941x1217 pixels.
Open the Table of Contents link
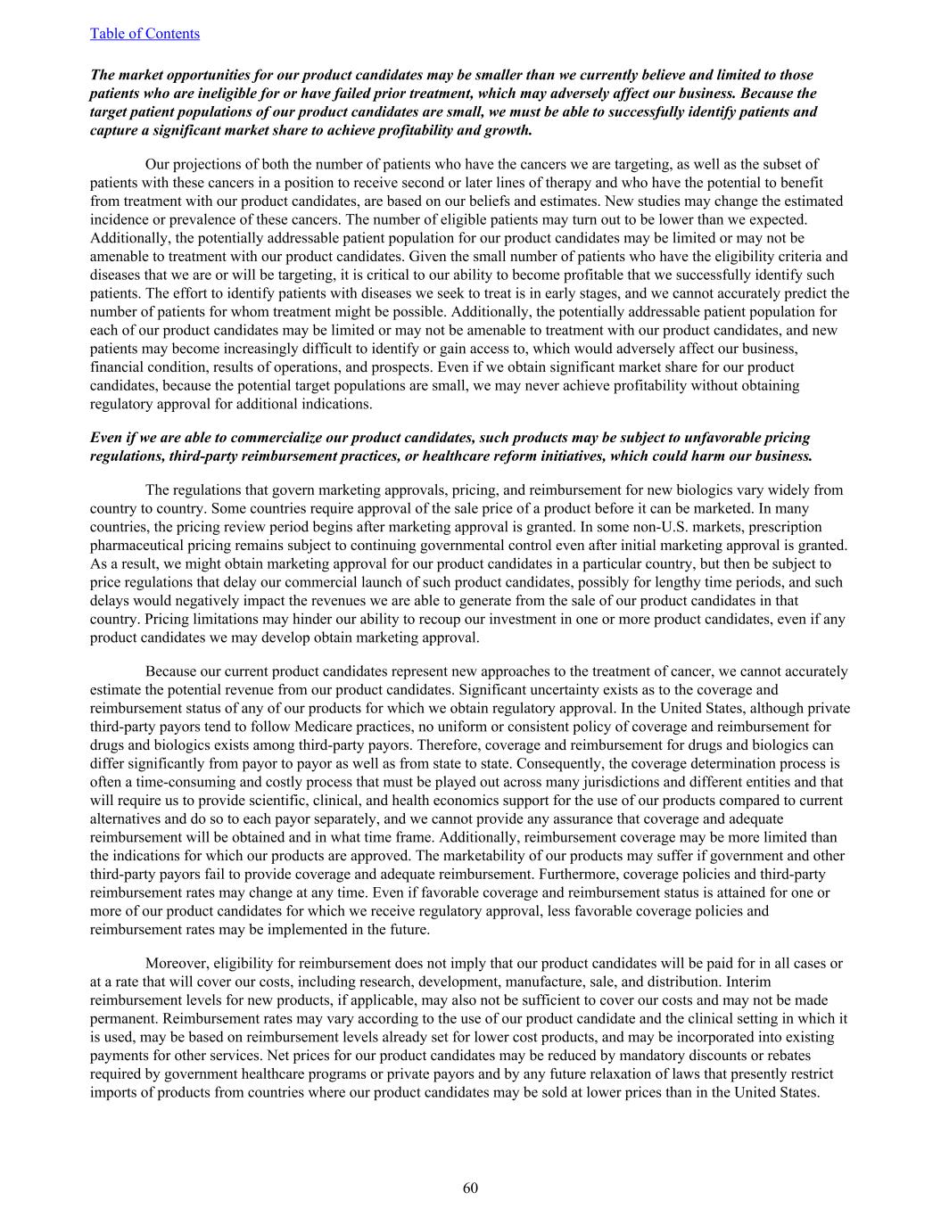click(x=144, y=34)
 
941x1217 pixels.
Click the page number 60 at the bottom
click(x=470, y=1188)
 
